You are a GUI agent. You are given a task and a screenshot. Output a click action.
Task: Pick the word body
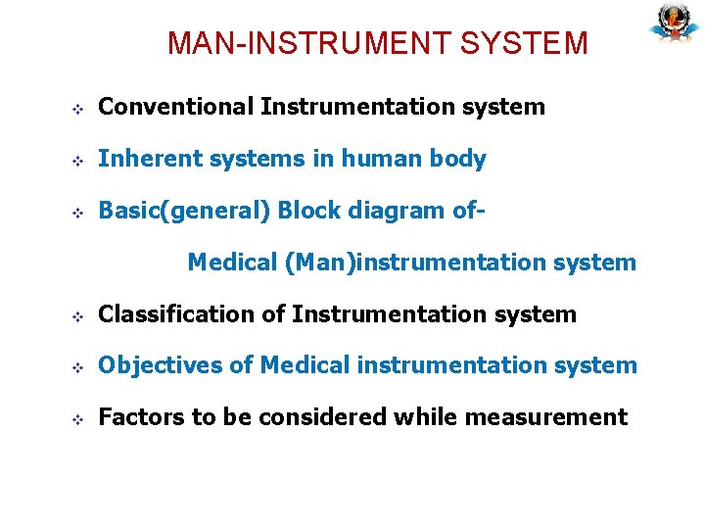[x=458, y=159]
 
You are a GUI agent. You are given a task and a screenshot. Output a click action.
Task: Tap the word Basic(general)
[x=185, y=211]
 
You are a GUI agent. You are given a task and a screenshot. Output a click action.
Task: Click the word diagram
[x=397, y=211]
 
